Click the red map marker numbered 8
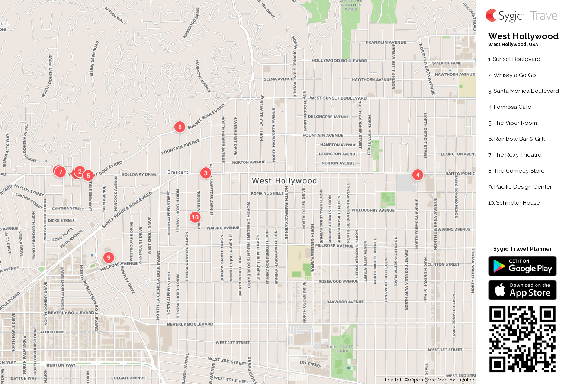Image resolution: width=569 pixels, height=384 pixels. pos(180,127)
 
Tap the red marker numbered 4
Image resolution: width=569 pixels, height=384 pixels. pos(418,175)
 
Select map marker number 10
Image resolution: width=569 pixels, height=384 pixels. pos(195,217)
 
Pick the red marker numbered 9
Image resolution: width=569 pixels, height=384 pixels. pos(109,257)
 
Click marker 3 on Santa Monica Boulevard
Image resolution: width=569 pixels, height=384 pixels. pos(206,173)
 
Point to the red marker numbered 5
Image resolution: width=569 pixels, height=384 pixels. pos(88,176)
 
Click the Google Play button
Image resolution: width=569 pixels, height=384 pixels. pos(522,266)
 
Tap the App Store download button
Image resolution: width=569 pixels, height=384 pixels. pos(522,290)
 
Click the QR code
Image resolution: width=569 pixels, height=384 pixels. pos(522,339)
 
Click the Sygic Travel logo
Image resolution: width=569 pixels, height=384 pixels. pos(522,16)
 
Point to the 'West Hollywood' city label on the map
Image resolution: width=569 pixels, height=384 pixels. pos(284,181)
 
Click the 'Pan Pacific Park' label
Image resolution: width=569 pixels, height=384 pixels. pos(342,349)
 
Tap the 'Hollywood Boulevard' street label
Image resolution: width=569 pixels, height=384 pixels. pos(339,61)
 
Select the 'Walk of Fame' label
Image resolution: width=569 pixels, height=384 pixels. pos(446,63)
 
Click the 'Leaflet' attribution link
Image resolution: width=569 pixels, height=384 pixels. pos(393,380)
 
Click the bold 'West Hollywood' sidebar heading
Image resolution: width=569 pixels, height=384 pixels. pos(523,36)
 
